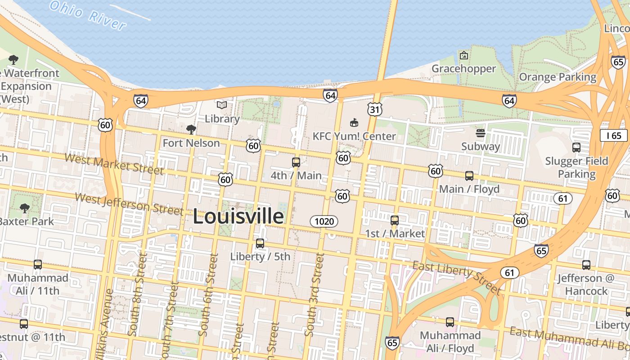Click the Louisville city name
click(x=238, y=216)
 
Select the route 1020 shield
click(x=324, y=221)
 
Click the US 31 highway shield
click(x=374, y=109)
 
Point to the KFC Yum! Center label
click(x=354, y=136)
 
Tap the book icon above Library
click(x=222, y=105)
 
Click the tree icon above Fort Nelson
click(x=191, y=130)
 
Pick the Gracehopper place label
click(x=463, y=68)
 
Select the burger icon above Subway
click(x=481, y=133)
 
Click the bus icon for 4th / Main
click(x=296, y=162)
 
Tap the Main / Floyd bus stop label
click(x=469, y=189)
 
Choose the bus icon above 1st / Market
click(x=395, y=220)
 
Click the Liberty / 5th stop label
click(x=260, y=256)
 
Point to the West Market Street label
click(x=114, y=163)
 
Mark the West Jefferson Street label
click(x=129, y=204)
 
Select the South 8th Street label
click(x=136, y=295)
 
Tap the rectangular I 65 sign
click(x=613, y=135)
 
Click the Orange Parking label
click(x=558, y=77)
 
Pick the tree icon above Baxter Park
click(x=25, y=208)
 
